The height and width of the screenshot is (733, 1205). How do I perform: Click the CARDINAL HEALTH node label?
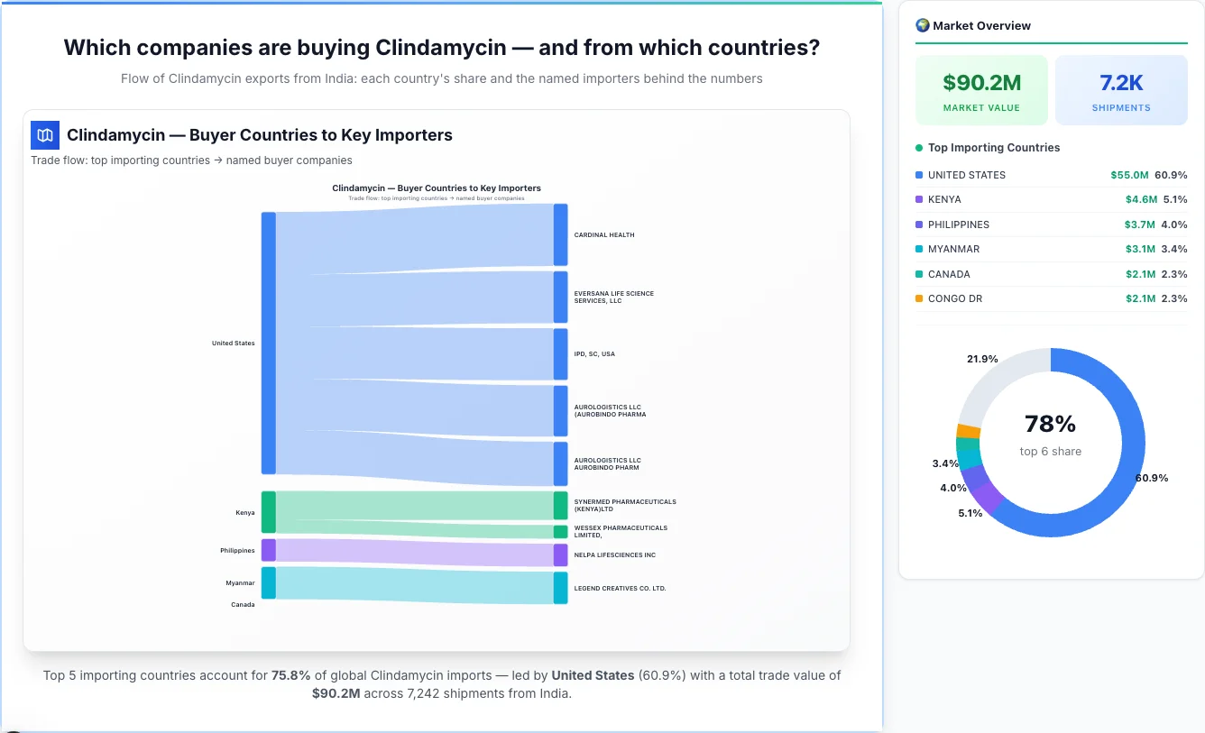pyautogui.click(x=604, y=235)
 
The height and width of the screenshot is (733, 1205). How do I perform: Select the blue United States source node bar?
pyautogui.click(x=269, y=343)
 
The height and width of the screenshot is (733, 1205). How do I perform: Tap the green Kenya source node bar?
pyautogui.click(x=269, y=512)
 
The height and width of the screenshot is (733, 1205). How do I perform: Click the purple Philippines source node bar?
pyautogui.click(x=269, y=550)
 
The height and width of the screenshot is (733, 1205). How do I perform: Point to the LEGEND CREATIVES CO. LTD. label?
pyautogui.click(x=620, y=589)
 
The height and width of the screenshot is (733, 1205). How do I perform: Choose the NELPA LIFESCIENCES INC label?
pyautogui.click(x=615, y=555)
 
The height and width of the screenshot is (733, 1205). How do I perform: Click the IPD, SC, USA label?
pyautogui.click(x=594, y=354)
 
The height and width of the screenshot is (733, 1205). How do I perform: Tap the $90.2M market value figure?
pyautogui.click(x=981, y=83)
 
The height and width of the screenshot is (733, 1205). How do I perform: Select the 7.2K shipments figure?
pyautogui.click(x=1121, y=83)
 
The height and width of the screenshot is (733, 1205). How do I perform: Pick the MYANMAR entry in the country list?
pyautogui.click(x=953, y=249)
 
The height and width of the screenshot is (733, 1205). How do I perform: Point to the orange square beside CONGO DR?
pyautogui.click(x=919, y=298)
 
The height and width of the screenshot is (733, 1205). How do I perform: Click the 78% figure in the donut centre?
pyautogui.click(x=1051, y=424)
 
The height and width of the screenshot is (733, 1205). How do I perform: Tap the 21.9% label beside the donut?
pyautogui.click(x=982, y=359)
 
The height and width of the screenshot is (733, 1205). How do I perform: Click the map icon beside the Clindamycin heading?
pyautogui.click(x=45, y=135)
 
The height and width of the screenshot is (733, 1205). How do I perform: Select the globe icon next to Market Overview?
pyautogui.click(x=923, y=25)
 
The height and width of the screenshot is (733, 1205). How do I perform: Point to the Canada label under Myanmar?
pyautogui.click(x=243, y=605)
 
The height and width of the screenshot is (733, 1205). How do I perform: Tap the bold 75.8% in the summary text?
pyautogui.click(x=290, y=675)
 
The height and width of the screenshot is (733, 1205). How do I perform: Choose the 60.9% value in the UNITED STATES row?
pyautogui.click(x=1171, y=175)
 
